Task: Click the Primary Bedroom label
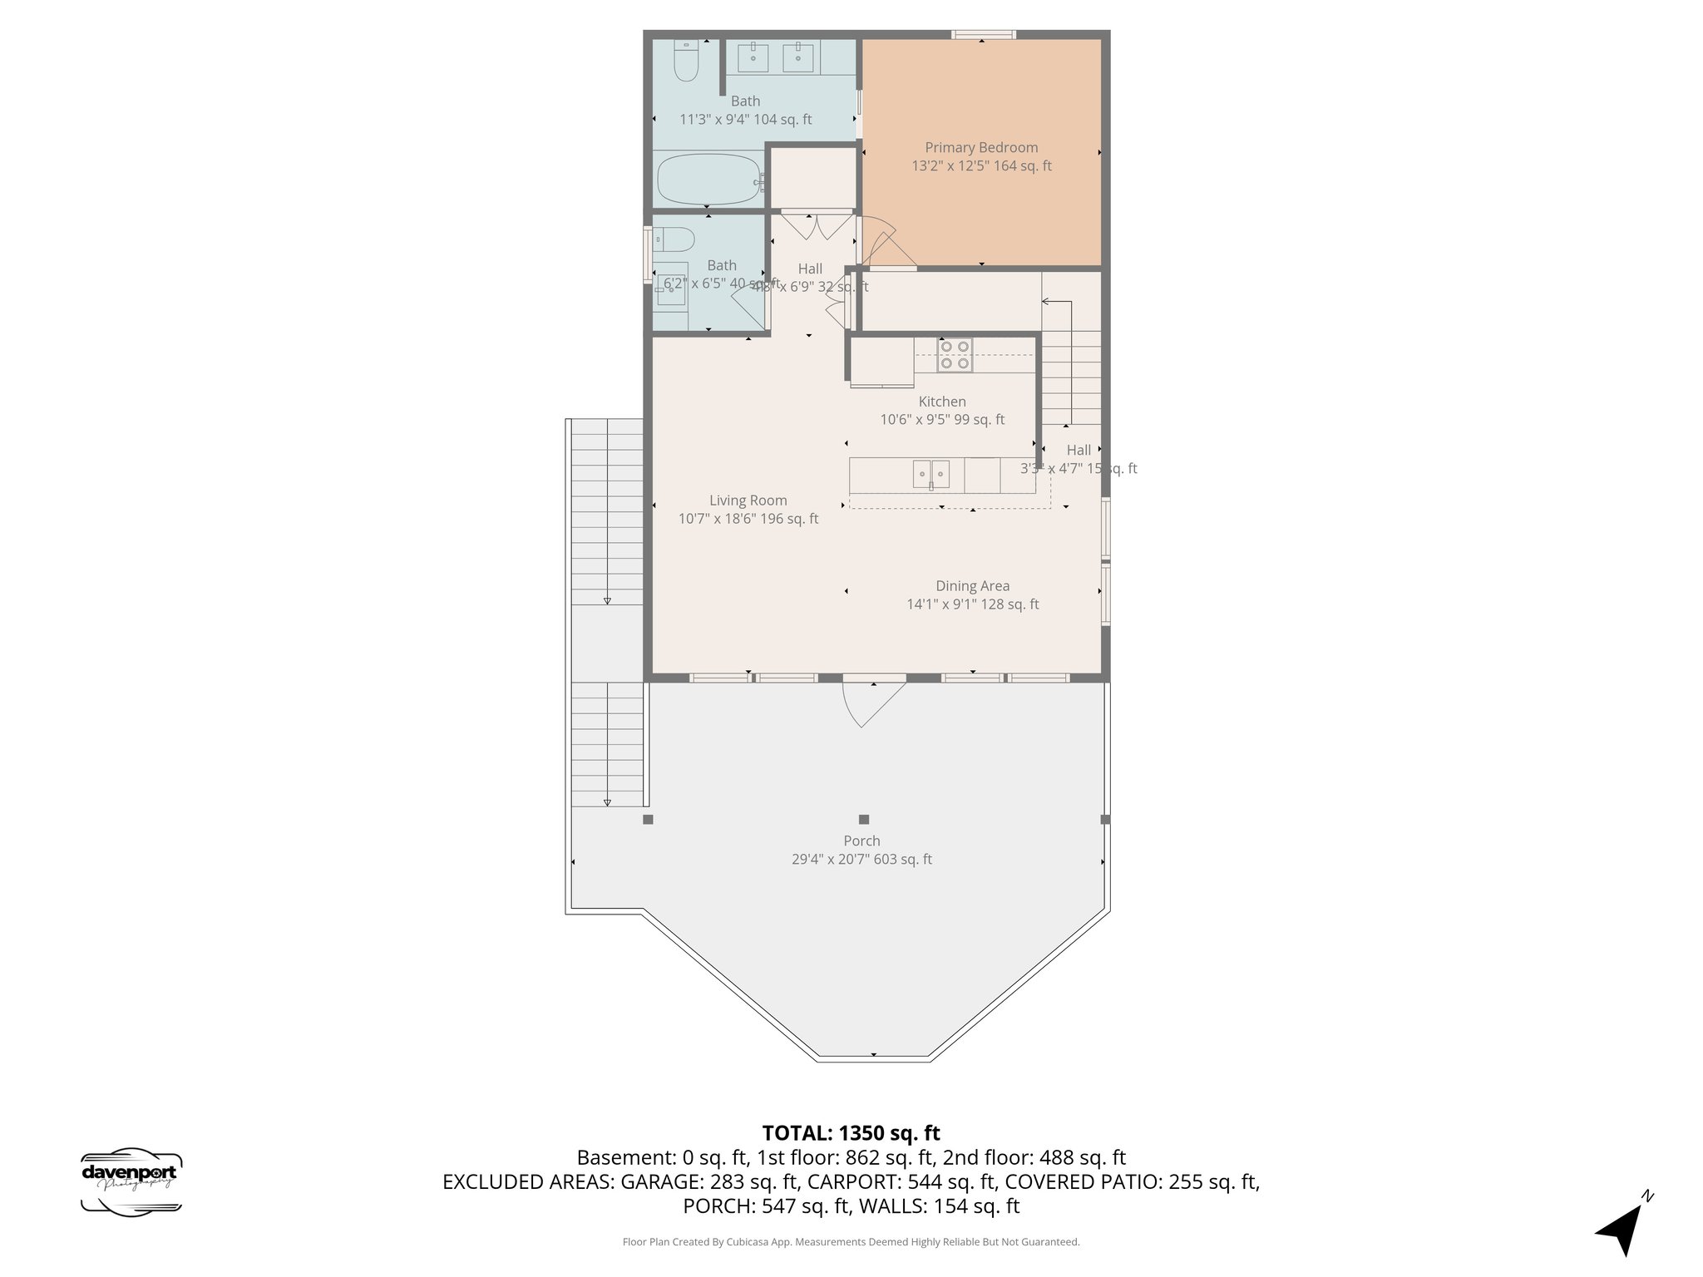click(x=981, y=147)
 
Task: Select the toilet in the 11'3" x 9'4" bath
click(x=686, y=62)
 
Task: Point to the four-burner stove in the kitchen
click(x=955, y=355)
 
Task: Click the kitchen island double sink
click(x=931, y=474)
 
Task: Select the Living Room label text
click(x=748, y=500)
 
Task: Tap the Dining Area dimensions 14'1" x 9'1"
click(x=972, y=604)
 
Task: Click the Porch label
click(x=861, y=841)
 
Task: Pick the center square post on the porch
click(x=864, y=819)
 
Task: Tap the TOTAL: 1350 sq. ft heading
click(x=851, y=1133)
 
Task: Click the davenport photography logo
click(x=131, y=1181)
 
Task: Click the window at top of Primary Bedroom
click(x=983, y=35)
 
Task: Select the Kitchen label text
click(x=942, y=402)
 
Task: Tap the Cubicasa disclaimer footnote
click(x=851, y=1242)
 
